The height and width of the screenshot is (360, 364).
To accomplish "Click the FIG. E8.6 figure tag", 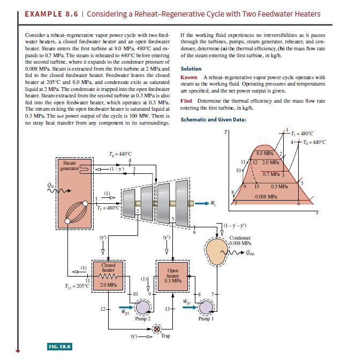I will click(60, 347).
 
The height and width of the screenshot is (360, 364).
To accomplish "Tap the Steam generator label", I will click(70, 165).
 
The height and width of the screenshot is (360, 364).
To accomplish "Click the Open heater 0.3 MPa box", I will click(173, 275).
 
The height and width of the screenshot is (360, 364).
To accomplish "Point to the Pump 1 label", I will click(206, 319).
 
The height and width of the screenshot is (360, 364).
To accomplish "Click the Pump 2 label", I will click(141, 319).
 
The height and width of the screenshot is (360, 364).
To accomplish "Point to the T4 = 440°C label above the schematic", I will click(120, 154).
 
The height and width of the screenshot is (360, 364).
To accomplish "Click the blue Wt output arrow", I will click(202, 203).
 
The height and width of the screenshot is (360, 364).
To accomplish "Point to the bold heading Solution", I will click(191, 68).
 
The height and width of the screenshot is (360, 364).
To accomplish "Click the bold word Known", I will click(189, 78).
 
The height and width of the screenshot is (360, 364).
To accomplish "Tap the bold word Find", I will click(186, 101).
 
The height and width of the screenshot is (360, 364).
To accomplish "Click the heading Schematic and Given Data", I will click(214, 119).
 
